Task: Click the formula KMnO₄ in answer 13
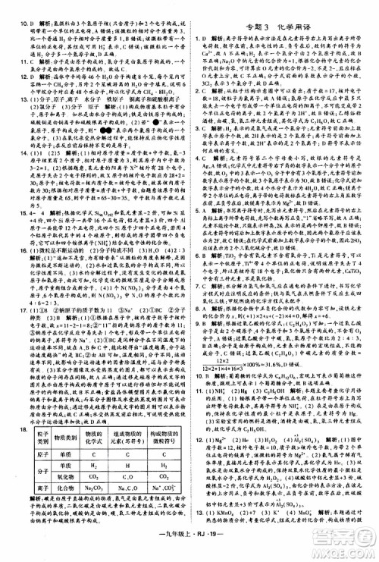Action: (224, 536)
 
